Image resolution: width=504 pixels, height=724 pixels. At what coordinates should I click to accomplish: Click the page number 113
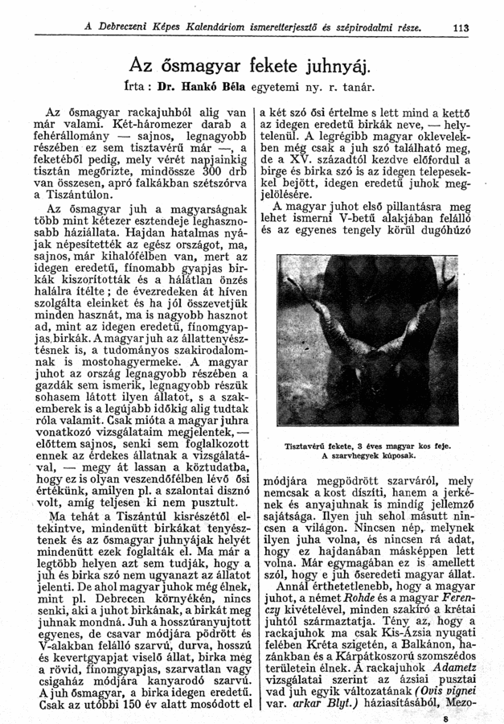pos(462,30)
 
